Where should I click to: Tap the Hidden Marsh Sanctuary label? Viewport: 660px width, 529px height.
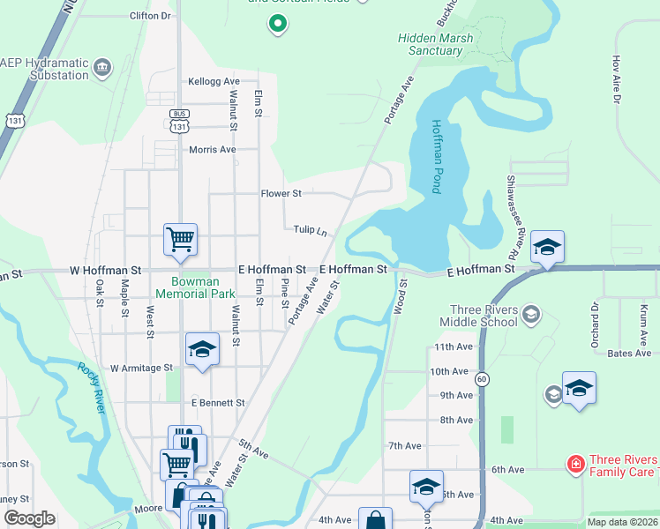coord(435,44)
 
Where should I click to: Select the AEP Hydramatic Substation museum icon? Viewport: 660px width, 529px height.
coord(103,67)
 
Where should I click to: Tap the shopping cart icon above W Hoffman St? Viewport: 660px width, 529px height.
coord(180,238)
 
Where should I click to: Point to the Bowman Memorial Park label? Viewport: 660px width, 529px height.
coord(197,287)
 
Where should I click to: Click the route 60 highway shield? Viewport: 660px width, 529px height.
coord(482,378)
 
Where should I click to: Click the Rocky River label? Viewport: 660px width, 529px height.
coord(92,383)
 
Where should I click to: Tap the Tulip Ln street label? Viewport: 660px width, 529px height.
coord(311,230)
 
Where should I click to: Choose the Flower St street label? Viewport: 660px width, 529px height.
coord(281,193)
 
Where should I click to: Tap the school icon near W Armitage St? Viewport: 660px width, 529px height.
coord(202,348)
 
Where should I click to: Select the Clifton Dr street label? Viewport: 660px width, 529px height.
coord(150,16)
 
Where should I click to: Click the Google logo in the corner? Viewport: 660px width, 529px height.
coord(29,518)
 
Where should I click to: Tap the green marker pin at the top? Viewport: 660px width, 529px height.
coord(277,24)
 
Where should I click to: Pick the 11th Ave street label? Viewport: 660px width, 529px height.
coord(454,347)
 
